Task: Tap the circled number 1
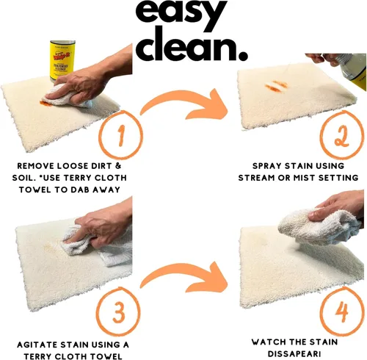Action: (x=120, y=134)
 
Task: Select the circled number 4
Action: (x=342, y=312)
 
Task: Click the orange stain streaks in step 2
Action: (x=277, y=86)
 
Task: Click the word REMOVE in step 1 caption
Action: (x=36, y=166)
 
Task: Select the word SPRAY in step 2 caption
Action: (x=267, y=166)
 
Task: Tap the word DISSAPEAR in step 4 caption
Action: (x=293, y=353)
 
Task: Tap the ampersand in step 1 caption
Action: (x=118, y=166)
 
